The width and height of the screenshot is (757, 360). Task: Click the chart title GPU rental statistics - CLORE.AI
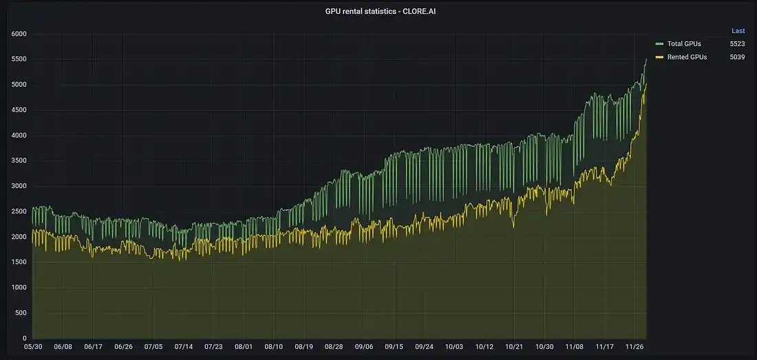pos(381,11)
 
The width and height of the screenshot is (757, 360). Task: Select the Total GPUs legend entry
pos(684,43)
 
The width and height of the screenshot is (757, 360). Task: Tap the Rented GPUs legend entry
pos(687,57)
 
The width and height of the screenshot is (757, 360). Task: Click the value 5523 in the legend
pos(737,43)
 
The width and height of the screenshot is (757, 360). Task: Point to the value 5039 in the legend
pos(737,57)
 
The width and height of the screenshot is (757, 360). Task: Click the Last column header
pos(738,31)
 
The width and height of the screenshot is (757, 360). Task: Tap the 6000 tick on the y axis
pos(19,34)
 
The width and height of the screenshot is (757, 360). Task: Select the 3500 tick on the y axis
pos(19,161)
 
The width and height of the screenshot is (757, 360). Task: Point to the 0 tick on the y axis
pos(23,338)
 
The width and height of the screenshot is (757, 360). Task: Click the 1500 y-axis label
pos(19,262)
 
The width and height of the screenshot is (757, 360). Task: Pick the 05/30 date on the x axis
pos(32,348)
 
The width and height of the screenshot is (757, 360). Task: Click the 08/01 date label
pos(244,348)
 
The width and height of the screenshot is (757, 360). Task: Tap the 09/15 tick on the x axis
pos(394,348)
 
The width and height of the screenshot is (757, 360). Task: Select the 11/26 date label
pos(636,348)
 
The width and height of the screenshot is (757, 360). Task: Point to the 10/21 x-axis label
pos(515,348)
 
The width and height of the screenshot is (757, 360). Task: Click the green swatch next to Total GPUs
pos(659,43)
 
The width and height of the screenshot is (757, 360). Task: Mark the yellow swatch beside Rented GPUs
pos(659,57)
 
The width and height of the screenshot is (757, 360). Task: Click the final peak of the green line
pos(646,59)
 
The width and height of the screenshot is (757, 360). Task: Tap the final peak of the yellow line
pos(646,84)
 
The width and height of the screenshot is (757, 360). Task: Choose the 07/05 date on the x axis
pos(153,348)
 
